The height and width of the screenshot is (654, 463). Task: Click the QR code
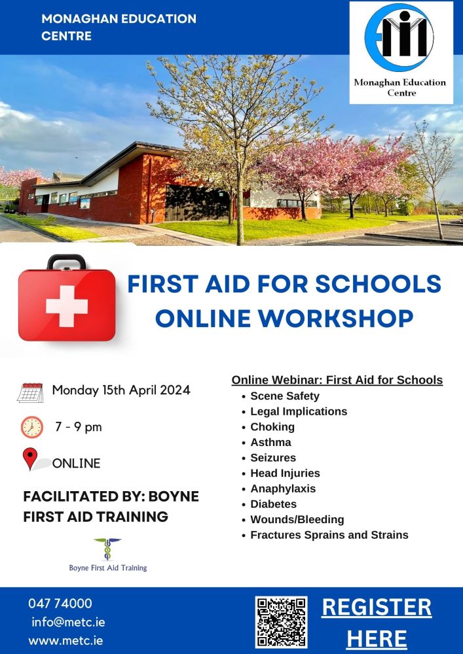tap(281, 622)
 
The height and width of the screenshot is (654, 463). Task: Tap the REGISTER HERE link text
tap(377, 622)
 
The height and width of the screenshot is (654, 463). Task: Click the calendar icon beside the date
tap(30, 392)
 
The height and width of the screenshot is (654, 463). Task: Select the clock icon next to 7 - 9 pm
tap(31, 427)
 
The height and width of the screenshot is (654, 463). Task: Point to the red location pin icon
tap(30, 458)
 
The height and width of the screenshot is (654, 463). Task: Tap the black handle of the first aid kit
tap(66, 262)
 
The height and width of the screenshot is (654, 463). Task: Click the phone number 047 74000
tap(60, 604)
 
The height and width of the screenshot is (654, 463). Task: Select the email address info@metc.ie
tap(68, 622)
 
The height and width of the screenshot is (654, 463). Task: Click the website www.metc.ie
tap(65, 640)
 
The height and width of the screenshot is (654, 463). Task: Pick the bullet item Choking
tap(272, 427)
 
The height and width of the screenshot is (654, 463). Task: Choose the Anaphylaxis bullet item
tap(283, 489)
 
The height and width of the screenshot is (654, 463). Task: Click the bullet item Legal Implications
tap(299, 411)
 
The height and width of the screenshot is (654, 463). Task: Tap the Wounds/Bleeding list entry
tap(297, 520)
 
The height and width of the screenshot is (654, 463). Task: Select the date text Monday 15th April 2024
tap(121, 390)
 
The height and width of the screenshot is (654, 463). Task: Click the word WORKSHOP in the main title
tap(344, 318)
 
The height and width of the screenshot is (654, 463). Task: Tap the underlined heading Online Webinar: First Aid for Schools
tap(337, 380)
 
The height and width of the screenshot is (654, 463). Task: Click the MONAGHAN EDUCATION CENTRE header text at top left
tap(119, 27)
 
